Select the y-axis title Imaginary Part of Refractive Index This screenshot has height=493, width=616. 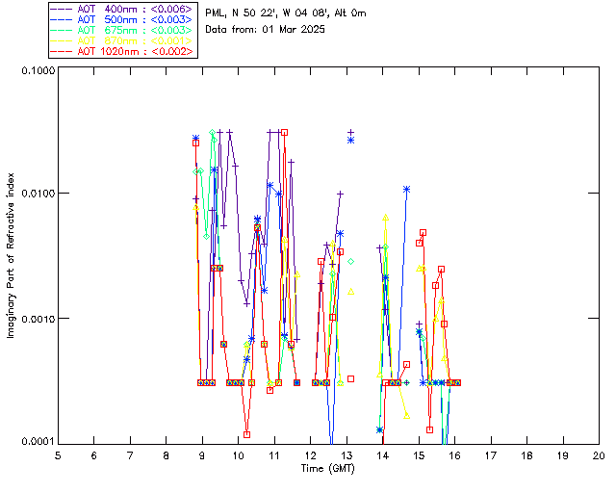13,256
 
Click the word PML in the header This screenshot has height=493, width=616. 218,13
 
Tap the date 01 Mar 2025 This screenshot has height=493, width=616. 293,30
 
